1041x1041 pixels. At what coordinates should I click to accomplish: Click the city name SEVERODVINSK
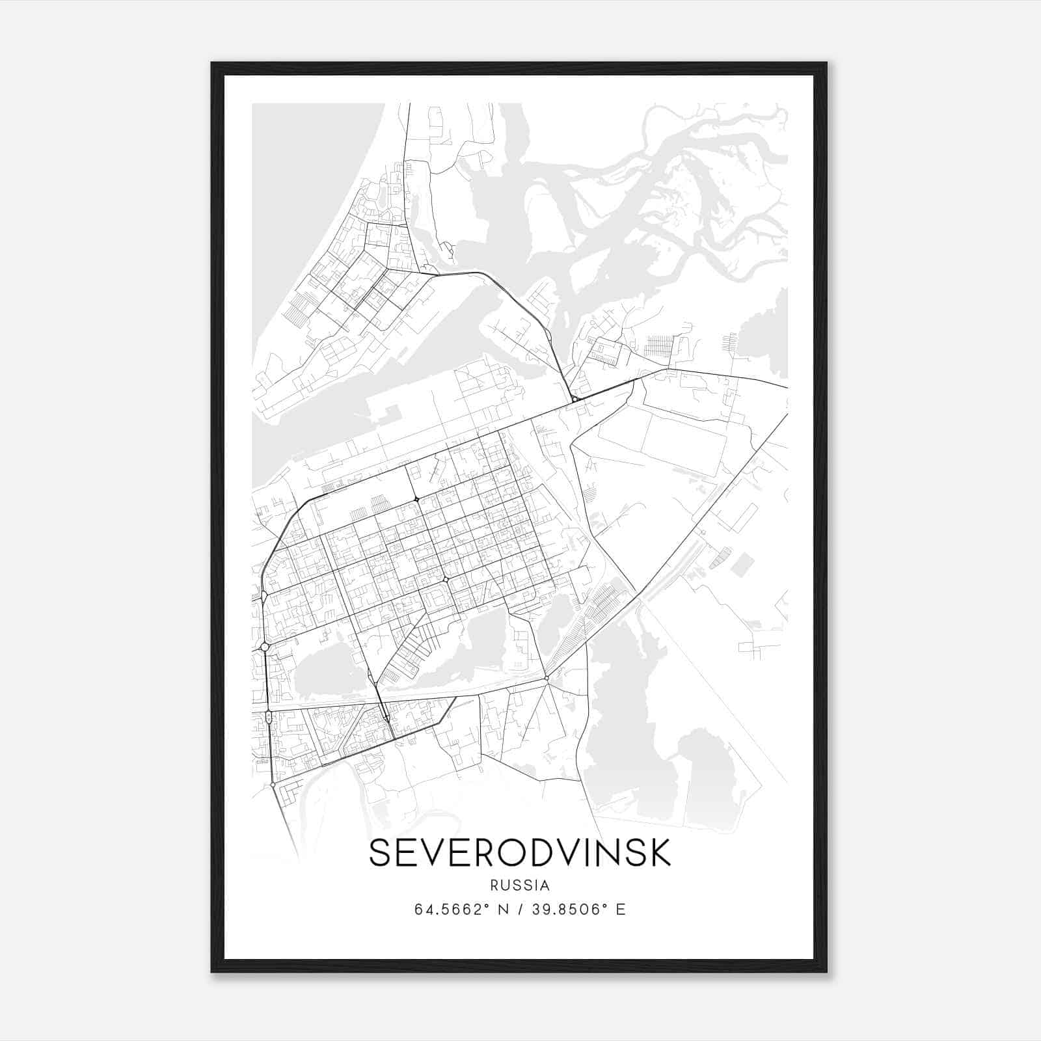click(519, 853)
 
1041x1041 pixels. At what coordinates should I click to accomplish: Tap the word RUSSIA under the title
click(520, 886)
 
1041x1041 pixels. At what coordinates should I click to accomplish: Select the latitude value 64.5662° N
click(460, 910)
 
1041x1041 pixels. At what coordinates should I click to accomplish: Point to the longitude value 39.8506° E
click(579, 910)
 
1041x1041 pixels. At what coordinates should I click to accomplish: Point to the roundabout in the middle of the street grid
click(446, 578)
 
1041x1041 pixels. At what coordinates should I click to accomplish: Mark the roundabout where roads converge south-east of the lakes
click(547, 679)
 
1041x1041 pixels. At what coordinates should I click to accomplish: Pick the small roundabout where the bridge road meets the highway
click(575, 399)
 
